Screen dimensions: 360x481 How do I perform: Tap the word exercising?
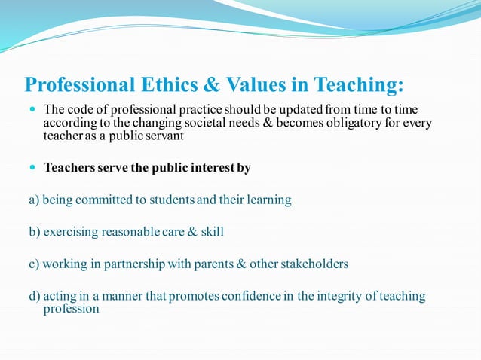tap(72, 233)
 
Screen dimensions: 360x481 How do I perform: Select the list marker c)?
tap(34, 264)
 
